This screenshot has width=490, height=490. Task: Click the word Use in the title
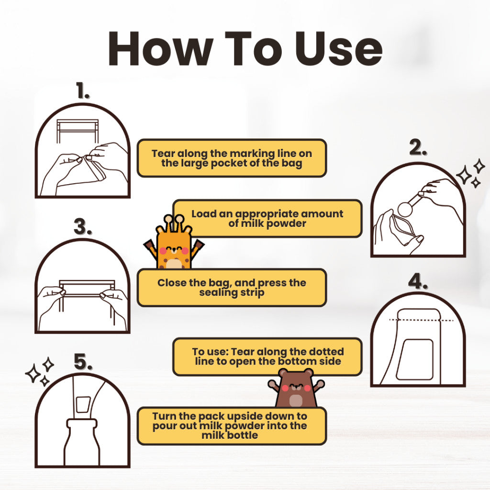[x=338, y=49]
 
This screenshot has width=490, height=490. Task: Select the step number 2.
[x=418, y=147]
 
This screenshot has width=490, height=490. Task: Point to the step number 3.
[x=83, y=226]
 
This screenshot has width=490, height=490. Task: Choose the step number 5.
[x=83, y=362]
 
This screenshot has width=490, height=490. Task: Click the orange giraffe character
[x=174, y=242]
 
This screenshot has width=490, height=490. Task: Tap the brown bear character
[x=296, y=388]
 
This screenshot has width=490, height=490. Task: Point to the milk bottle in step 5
[x=82, y=442]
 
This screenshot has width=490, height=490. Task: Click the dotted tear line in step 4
[x=421, y=320]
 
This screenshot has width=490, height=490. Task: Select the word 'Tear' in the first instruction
[x=163, y=154]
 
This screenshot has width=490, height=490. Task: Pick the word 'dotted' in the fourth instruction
[x=326, y=352]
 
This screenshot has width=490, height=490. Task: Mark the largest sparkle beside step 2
[x=464, y=175]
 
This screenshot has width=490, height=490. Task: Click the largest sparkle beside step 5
[x=33, y=373]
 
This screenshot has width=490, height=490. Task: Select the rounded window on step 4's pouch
[x=414, y=359]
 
